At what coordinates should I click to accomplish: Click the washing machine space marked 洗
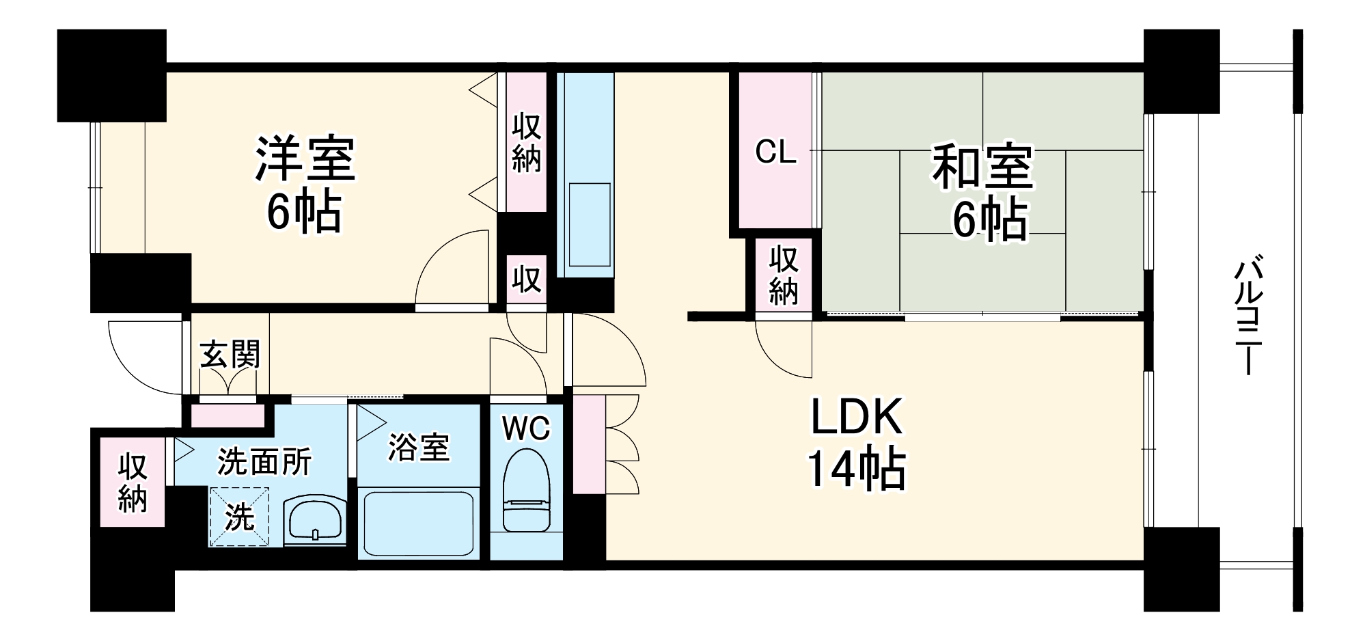pos(239,517)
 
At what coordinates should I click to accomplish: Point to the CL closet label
pos(775,152)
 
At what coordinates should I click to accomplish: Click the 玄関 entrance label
pos(230,355)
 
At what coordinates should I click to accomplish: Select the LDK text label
pos(857,418)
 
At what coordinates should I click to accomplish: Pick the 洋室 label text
pos(305,159)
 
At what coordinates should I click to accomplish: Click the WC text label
pos(526,428)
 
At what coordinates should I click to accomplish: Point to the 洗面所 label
pos(264,462)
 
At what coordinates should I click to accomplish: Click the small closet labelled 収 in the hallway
pos(527,279)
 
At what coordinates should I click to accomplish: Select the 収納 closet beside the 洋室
pos(527,143)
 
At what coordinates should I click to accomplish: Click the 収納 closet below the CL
pos(784,275)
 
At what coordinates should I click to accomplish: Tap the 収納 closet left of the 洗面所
pos(133,482)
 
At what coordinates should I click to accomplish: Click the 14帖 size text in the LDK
pos(857,469)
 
